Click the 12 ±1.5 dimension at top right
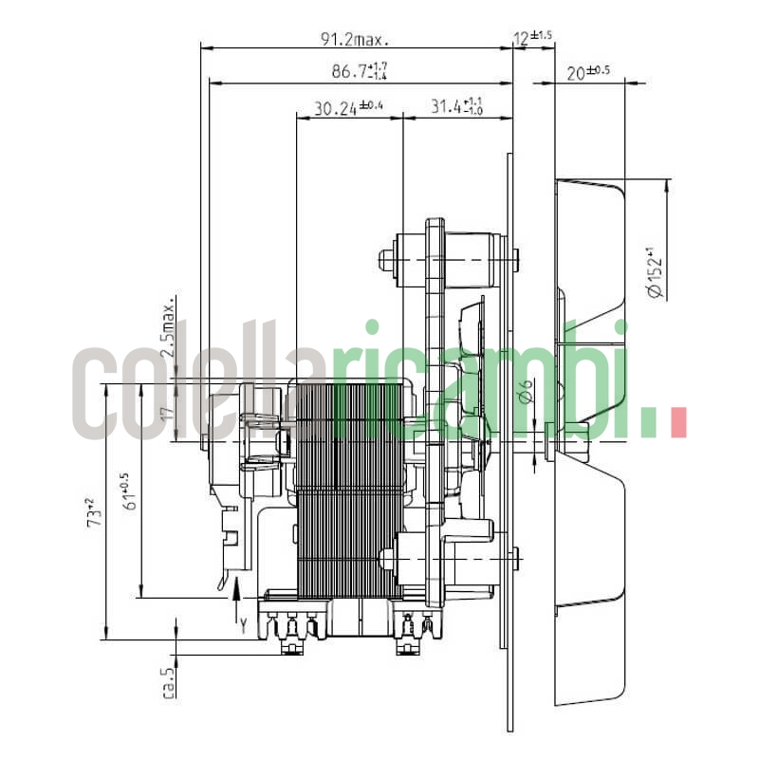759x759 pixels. click(532, 38)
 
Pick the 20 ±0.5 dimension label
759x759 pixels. click(587, 72)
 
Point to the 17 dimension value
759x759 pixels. click(167, 414)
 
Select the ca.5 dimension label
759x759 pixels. click(169, 682)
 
